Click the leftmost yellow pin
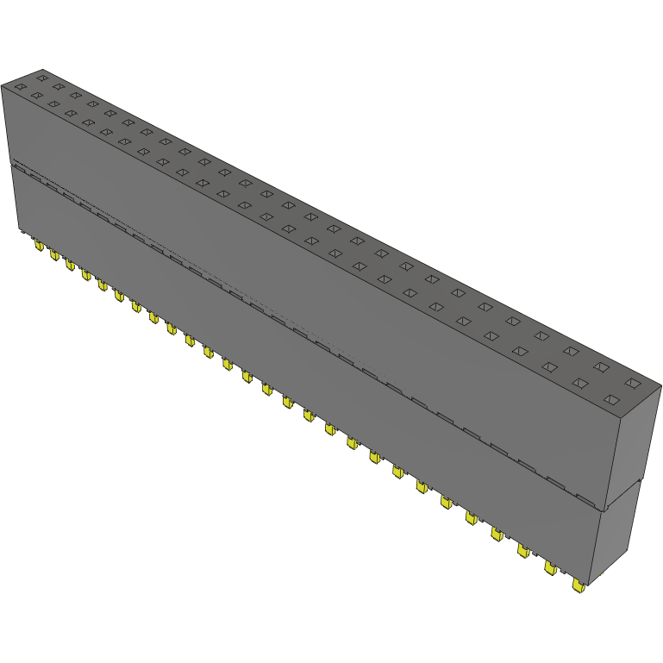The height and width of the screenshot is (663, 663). [38, 247]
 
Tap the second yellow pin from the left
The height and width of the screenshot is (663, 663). [53, 256]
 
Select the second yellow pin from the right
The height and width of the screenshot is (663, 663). [550, 567]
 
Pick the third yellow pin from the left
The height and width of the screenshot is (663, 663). [70, 266]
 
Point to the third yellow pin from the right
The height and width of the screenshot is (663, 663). [523, 549]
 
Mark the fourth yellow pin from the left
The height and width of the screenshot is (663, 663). [86, 275]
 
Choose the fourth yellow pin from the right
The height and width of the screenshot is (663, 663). [497, 534]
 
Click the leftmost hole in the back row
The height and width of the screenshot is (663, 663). [41, 78]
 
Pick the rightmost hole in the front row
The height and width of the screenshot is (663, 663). [612, 399]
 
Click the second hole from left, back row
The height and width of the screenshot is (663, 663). [59, 86]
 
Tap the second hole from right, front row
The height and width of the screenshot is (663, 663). [580, 382]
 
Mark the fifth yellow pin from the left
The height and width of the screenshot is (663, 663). [102, 285]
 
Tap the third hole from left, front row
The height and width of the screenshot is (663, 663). [53, 104]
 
